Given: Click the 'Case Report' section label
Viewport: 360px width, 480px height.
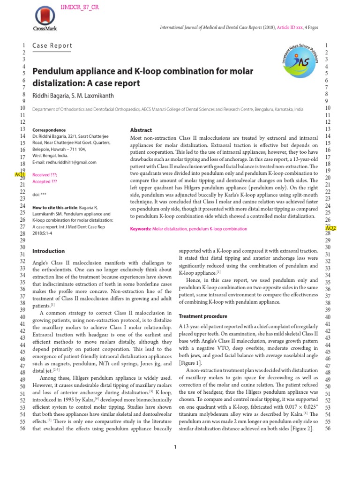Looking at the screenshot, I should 52,46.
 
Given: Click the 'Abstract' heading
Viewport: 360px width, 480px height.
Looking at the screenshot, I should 141,130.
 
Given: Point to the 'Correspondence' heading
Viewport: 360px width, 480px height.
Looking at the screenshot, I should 49,130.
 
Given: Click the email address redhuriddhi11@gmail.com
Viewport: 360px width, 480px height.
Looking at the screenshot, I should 64,162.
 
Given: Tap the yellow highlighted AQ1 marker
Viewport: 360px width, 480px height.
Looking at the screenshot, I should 20,174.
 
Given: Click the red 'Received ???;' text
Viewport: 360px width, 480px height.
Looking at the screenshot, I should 45,174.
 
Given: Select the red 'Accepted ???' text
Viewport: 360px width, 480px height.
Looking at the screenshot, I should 45,181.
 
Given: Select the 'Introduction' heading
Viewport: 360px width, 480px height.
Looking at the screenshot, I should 48,251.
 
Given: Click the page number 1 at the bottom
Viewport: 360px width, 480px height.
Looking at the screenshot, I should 175,447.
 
